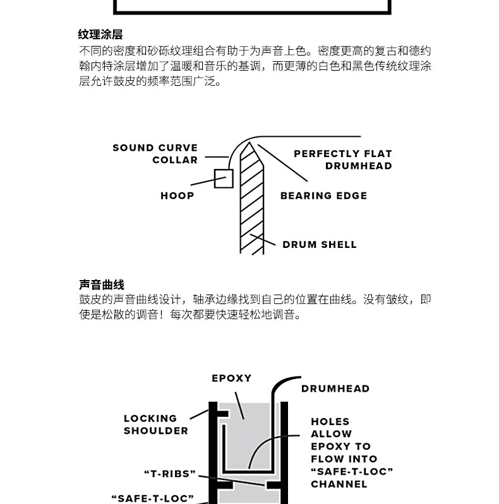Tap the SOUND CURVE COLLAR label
155,154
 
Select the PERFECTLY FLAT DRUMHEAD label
342,160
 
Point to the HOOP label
177,196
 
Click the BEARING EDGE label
323,196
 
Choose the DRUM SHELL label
319,245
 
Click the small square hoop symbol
224,179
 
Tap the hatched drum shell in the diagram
251,208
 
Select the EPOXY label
231,378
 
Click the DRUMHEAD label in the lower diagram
335,389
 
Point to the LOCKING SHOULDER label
155,425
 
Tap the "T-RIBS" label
170,473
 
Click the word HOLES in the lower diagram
330,421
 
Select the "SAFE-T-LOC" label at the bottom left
152,498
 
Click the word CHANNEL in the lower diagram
339,484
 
